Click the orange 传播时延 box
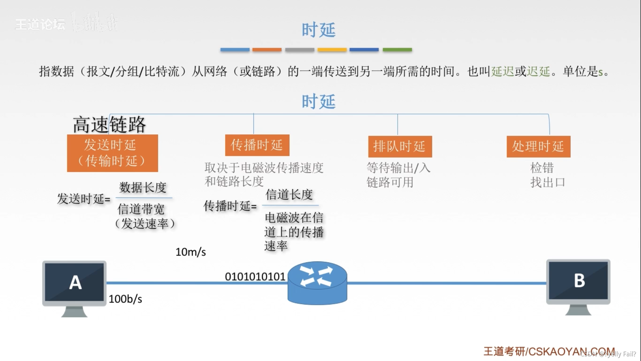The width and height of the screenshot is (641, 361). pyautogui.click(x=257, y=145)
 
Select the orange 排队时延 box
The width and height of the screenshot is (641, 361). pyautogui.click(x=400, y=146)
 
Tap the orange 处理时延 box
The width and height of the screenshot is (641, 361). pyautogui.click(x=538, y=146)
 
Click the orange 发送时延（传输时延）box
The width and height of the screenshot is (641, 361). pyautogui.click(x=112, y=153)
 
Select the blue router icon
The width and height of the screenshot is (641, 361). pyautogui.click(x=317, y=283)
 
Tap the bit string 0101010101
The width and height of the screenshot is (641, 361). pyautogui.click(x=255, y=277)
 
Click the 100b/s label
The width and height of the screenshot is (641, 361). pyautogui.click(x=126, y=299)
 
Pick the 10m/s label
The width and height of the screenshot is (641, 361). pyautogui.click(x=191, y=252)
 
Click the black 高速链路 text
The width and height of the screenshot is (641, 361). pyautogui.click(x=110, y=124)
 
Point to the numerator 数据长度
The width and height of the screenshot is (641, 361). pyautogui.click(x=143, y=188)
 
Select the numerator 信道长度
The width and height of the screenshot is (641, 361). pyautogui.click(x=289, y=195)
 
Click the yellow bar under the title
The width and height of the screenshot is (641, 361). pyautogui.click(x=332, y=50)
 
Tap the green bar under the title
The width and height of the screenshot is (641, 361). pyautogui.click(x=397, y=50)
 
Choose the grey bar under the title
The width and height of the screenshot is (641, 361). pyautogui.click(x=299, y=50)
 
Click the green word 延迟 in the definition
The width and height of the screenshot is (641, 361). pyautogui.click(x=502, y=71)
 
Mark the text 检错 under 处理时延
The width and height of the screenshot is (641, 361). pyautogui.click(x=542, y=167)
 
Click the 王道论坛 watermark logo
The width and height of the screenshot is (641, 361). pyautogui.click(x=40, y=24)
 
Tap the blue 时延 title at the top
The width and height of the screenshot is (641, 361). pyautogui.click(x=318, y=30)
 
